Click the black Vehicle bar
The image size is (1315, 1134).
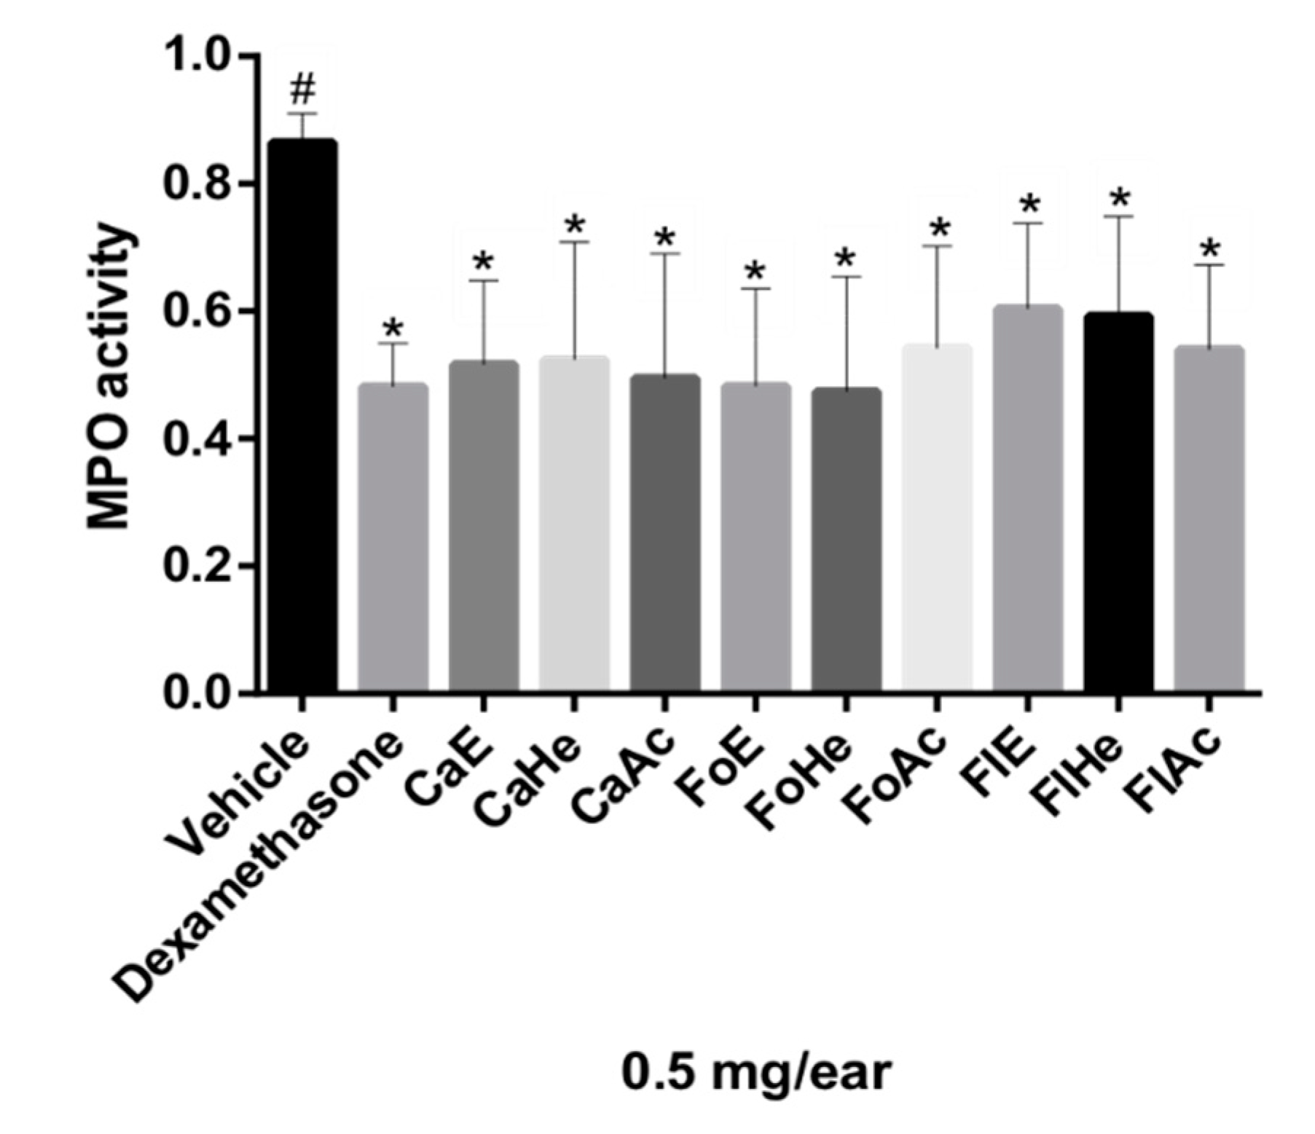(302, 415)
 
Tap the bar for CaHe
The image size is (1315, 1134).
(574, 524)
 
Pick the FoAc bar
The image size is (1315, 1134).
(936, 517)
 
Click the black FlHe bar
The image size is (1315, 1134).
(1118, 503)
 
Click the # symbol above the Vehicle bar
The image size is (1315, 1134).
(302, 90)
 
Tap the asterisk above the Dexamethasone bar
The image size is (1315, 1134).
(393, 329)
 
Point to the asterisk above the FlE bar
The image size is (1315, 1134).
(1029, 207)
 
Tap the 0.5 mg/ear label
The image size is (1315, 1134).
(755, 1072)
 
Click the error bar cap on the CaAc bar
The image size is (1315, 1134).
(664, 253)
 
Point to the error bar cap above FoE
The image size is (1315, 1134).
(755, 289)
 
